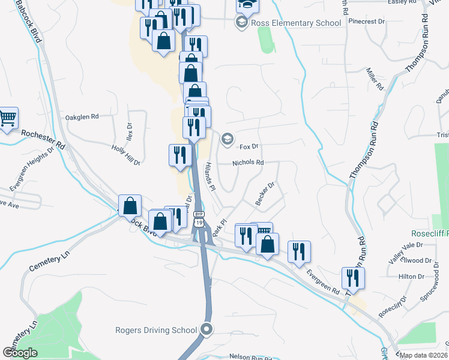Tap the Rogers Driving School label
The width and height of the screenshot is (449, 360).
click(156, 330)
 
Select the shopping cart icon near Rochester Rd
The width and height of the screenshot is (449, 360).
click(8, 118)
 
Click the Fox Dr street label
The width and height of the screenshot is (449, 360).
click(249, 146)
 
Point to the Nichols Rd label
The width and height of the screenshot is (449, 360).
click(248, 163)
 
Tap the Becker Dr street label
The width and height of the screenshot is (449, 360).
click(264, 194)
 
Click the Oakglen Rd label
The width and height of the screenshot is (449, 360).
click(82, 117)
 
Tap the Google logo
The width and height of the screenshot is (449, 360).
click(20, 353)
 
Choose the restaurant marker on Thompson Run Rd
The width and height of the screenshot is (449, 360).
click(353, 278)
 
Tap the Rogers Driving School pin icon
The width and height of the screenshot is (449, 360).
click(207, 329)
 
